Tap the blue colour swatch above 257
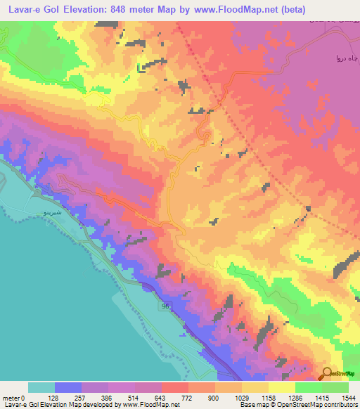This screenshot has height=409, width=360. click(68, 387)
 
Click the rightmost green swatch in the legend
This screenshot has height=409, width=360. click(335, 387)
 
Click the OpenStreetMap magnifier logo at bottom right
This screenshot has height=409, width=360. click(326, 373)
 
